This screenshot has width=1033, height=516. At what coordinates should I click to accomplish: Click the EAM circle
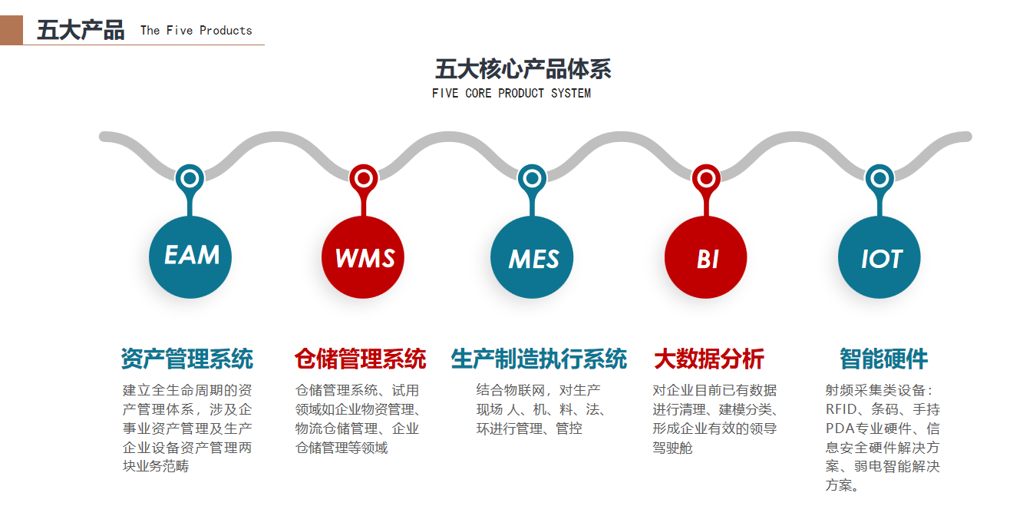190,257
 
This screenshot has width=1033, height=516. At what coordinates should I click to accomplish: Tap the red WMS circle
363,257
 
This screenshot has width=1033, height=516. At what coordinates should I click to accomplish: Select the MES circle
532,257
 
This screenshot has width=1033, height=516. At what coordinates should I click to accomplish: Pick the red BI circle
705,257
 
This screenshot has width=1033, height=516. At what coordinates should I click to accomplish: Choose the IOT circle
879,257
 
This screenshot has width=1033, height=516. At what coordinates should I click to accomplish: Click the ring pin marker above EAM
190,178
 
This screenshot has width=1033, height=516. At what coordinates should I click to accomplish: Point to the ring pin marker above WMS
364,178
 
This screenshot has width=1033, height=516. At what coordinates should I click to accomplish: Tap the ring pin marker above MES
532,178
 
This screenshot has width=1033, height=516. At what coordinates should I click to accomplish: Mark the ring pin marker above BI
706,178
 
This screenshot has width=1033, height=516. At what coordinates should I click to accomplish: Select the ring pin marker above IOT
880,178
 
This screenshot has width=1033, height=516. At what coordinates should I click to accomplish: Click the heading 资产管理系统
186,359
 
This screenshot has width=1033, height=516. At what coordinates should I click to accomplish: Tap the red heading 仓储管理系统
360,359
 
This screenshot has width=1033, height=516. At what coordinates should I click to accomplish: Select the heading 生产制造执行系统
539,359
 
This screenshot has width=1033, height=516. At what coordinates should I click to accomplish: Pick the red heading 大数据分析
709,359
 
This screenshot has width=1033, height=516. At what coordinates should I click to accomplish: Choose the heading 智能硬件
883,359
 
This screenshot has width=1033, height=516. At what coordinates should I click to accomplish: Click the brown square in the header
11,30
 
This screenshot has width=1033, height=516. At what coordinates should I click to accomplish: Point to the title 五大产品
81,31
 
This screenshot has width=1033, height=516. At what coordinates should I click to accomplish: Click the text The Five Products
196,31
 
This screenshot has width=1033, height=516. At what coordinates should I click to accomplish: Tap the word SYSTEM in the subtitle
571,93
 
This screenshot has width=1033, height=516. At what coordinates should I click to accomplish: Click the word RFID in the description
841,409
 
